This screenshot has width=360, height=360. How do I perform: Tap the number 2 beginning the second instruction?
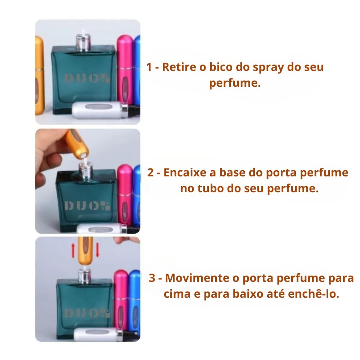coord(151,173)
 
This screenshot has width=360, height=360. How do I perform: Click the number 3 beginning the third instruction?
coord(153,278)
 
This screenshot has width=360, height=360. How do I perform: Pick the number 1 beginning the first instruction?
coord(149,67)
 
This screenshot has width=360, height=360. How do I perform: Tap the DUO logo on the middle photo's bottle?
coord(87,206)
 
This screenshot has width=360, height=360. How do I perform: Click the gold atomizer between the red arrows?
coord(85,251)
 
